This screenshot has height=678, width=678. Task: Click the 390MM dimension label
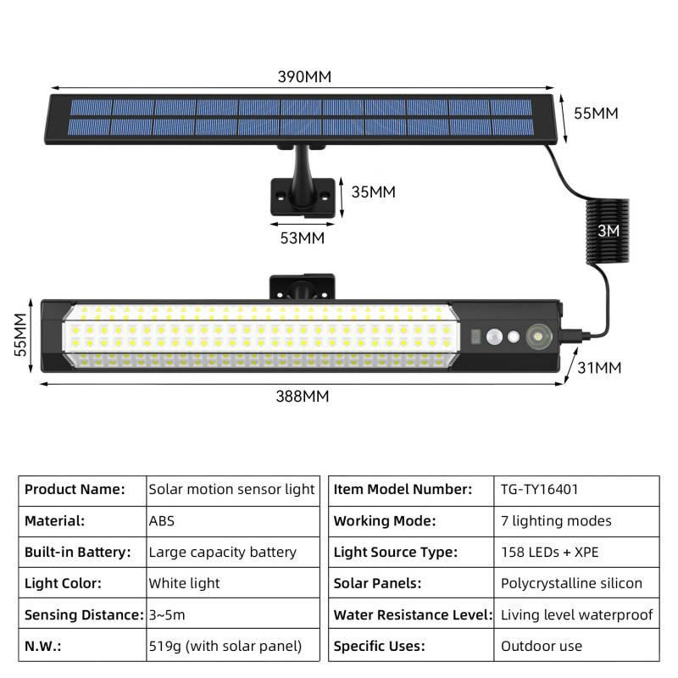point(304,77)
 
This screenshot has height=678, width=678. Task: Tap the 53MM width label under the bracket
point(303,238)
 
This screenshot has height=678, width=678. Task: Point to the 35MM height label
point(373,192)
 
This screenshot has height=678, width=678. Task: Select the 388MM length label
point(303,396)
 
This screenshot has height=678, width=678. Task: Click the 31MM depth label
point(599,368)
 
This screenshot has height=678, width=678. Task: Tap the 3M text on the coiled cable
point(609,231)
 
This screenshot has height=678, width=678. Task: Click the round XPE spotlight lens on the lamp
point(539,336)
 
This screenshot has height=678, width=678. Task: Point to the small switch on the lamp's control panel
point(475,336)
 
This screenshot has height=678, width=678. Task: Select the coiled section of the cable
point(608,231)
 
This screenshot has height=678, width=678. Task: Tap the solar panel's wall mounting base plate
point(303,197)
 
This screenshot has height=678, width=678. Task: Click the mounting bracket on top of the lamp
point(303,286)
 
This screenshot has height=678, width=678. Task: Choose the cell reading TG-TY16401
point(576,491)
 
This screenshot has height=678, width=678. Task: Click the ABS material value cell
point(233,521)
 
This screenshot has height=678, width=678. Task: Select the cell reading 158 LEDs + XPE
point(576,553)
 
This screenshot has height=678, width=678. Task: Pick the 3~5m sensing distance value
point(167,614)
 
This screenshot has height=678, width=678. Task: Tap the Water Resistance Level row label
point(413,614)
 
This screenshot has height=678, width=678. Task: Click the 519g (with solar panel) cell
point(233,646)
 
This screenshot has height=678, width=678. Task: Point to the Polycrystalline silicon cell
point(576,583)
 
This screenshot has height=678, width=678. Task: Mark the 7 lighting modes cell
point(576,521)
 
